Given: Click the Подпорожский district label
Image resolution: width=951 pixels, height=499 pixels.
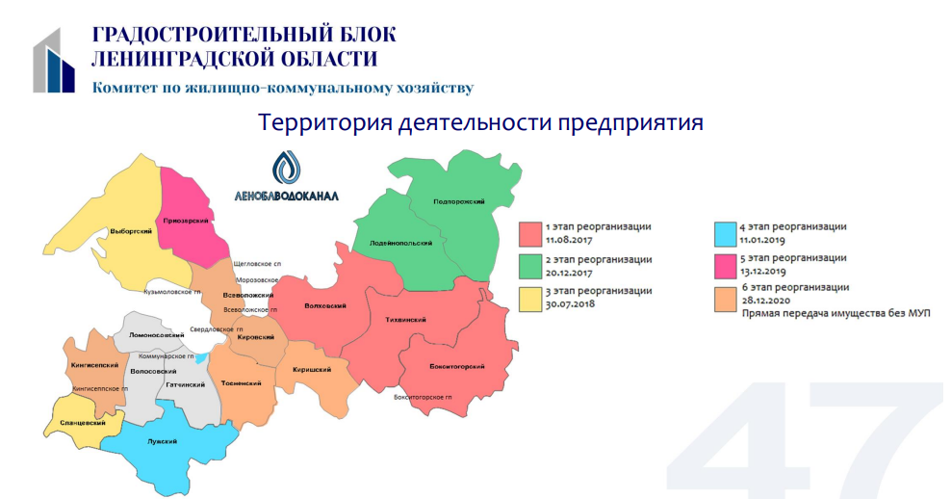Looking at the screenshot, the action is coord(459,201).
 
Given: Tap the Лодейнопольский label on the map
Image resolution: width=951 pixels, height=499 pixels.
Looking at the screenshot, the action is coord(400,243).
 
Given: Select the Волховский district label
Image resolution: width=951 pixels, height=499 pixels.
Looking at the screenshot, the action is coord(325,306).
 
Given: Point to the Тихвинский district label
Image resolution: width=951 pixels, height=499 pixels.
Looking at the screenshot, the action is coord(406,319).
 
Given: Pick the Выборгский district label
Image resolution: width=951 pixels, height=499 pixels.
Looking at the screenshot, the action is coord(131,231).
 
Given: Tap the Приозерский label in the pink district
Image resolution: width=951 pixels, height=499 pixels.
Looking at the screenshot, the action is coord(186,221).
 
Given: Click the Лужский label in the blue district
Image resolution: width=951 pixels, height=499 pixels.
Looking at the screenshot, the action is coord(162,441).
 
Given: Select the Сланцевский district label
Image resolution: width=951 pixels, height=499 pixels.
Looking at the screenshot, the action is coord(83,423).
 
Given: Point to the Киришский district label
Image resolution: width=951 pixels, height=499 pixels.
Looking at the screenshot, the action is coord(312,369).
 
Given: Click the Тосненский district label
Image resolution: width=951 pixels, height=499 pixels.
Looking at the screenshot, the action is coord(241,383).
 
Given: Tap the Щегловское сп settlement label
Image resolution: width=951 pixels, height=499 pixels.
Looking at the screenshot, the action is coord(257,264).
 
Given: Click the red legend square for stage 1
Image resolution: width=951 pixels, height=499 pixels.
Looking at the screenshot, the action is coord(530,234).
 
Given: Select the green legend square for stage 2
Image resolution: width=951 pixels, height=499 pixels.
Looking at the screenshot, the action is coord(530,266).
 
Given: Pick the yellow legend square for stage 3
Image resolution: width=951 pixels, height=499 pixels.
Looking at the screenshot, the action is coord(530,299).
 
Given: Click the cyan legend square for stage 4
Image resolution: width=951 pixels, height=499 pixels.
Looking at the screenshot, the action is coord(726,234).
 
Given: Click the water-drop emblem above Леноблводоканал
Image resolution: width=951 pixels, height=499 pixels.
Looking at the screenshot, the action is coord(286,167).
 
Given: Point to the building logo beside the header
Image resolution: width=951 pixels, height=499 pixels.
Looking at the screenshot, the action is coord(54,60).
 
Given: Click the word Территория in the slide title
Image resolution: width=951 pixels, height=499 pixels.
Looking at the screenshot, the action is coord(324,122).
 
